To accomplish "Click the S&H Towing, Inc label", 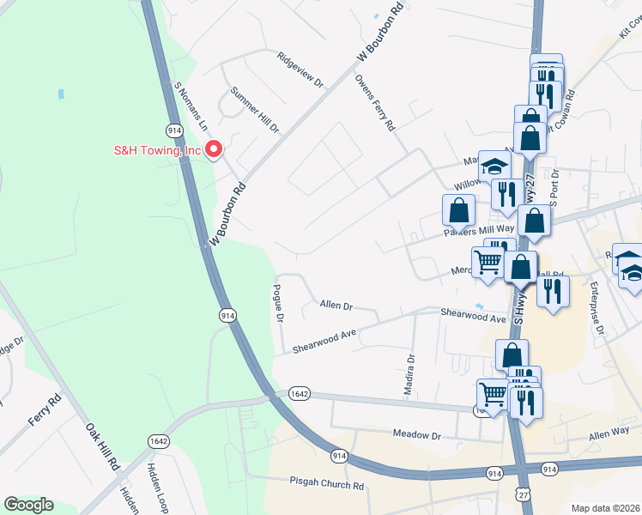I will (157, 151).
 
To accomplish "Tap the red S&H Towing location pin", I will (214, 149).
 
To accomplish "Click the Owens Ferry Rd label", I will (374, 101).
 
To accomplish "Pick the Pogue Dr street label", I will (278, 303).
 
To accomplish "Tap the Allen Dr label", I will (336, 305).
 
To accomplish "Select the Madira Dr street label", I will (409, 375).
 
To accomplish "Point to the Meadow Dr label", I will (416, 435).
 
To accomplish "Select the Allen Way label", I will (609, 438).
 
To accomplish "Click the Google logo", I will (28, 505).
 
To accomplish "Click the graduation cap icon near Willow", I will (494, 167).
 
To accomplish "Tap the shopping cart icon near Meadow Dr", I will (493, 394).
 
